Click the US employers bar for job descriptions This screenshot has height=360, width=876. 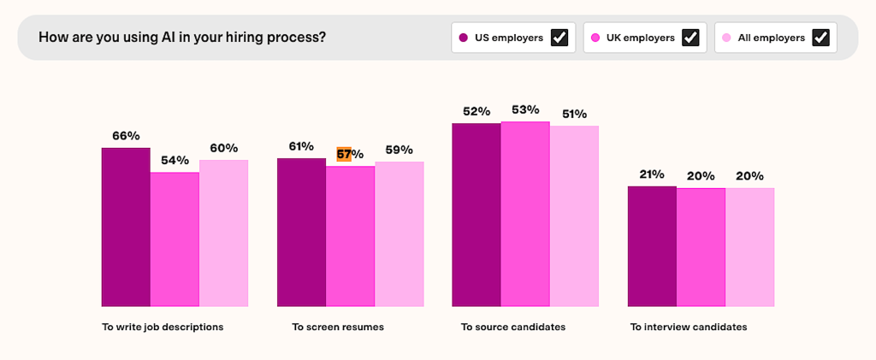[126, 227]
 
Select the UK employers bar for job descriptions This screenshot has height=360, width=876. [175, 239]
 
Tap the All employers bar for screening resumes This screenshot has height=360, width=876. [399, 233]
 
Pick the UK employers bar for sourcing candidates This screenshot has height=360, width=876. [525, 214]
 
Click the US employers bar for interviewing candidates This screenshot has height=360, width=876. [652, 246]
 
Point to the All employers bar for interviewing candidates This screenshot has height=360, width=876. [749, 247]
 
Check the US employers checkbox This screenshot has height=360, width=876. [559, 38]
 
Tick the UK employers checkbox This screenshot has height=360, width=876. [690, 38]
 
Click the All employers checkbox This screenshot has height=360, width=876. [820, 38]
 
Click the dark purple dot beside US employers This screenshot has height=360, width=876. [463, 38]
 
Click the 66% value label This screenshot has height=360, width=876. [126, 136]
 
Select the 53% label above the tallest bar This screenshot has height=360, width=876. [525, 109]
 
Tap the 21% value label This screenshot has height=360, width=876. [652, 174]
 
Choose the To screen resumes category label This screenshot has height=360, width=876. [338, 327]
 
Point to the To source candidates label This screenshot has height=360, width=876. [513, 327]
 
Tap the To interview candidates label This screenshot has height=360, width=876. [689, 327]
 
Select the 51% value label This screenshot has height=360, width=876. [574, 114]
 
